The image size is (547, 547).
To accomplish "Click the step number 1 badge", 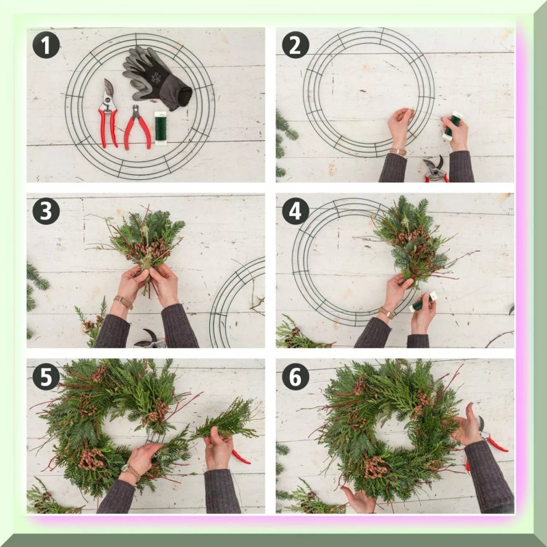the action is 46,45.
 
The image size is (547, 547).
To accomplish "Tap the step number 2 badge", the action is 295,45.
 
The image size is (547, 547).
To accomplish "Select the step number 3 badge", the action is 46,211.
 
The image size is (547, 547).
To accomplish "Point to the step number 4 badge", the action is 295,211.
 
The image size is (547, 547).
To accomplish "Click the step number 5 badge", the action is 46,377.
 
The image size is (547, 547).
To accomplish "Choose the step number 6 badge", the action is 295,377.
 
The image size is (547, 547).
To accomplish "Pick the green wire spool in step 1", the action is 161,128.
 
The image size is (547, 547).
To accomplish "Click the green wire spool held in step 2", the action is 452,126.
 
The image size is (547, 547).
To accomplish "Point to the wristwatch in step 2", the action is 398,152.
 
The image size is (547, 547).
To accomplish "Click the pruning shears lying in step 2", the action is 435,169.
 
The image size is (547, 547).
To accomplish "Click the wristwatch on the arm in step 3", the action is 123,302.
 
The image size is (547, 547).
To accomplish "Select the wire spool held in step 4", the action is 423,302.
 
